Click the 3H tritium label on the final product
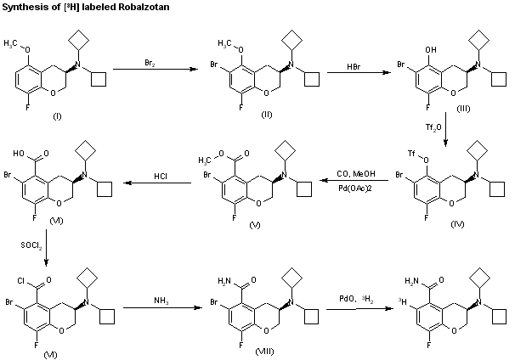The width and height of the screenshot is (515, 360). pos(402,300)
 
